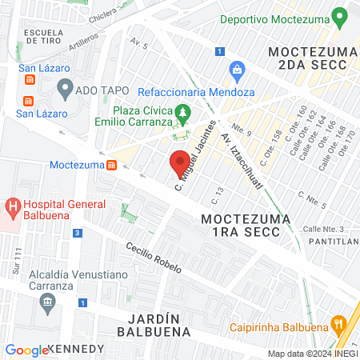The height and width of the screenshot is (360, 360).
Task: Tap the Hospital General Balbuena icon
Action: (13, 209)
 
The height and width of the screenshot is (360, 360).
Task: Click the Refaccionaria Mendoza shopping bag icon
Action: (236, 71)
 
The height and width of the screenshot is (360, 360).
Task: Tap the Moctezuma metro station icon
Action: (112, 165)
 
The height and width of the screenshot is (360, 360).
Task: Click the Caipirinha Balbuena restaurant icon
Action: (339, 326)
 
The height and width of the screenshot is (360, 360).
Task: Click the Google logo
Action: (26, 350)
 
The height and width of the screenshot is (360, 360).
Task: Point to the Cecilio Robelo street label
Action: (157, 259)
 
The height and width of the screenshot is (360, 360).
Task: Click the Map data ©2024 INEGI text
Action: (312, 354)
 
